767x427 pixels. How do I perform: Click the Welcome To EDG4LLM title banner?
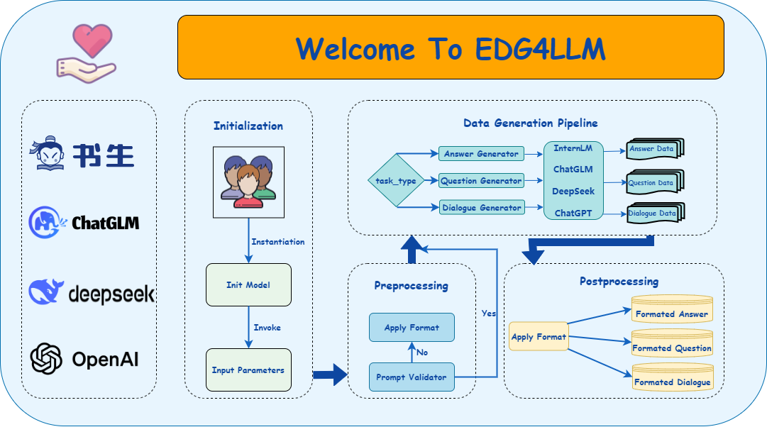451,48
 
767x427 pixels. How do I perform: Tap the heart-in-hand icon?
85,53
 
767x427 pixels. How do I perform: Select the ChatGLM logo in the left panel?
84,223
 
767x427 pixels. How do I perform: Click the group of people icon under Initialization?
248,182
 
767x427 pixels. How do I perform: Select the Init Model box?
248,285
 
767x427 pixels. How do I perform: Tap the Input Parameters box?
248,370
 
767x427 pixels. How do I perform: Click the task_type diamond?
396,181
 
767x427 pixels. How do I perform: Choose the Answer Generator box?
481,153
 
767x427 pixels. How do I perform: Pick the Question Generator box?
481,181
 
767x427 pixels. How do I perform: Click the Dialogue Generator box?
481,208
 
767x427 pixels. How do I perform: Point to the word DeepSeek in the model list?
573,192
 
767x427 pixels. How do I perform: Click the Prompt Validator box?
412,377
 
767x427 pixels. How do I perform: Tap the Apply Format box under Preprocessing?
412,328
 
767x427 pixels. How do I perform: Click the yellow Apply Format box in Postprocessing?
539,336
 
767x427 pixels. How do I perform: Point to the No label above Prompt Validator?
422,353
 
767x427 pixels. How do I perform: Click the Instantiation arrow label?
278,242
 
